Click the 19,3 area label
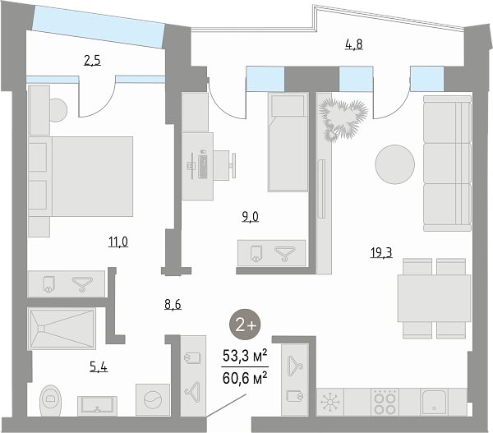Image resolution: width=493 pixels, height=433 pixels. tap(381, 252)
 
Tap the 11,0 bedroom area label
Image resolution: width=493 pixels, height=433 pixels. tap(118, 242)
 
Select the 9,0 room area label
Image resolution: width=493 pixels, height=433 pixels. tap(251, 217)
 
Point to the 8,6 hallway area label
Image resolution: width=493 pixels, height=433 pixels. tap(173, 304)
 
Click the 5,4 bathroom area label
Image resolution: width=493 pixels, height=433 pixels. tap(99, 366)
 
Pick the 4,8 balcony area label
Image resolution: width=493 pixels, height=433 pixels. tap(354, 44)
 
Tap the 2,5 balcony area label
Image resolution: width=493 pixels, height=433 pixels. tap(92, 60)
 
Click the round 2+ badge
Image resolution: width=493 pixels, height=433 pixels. tap(245, 325)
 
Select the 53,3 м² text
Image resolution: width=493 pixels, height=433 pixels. tap(245, 356)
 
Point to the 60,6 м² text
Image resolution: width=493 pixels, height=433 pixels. tap(245, 378)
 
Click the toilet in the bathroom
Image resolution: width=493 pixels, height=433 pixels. tap(50, 400)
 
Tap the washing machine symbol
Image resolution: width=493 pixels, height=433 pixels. tap(153, 399)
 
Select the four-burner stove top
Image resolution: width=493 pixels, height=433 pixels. tap(385, 402)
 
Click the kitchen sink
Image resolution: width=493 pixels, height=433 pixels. tap(434, 402)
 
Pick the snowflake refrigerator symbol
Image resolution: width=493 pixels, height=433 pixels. tap(329, 403)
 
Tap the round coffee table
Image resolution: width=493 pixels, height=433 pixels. tap(395, 164)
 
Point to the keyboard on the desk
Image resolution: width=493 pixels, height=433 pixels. tap(203, 167)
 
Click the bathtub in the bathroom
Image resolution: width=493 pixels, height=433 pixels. tap(62, 329)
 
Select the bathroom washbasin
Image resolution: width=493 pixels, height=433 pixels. tap(98, 406)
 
